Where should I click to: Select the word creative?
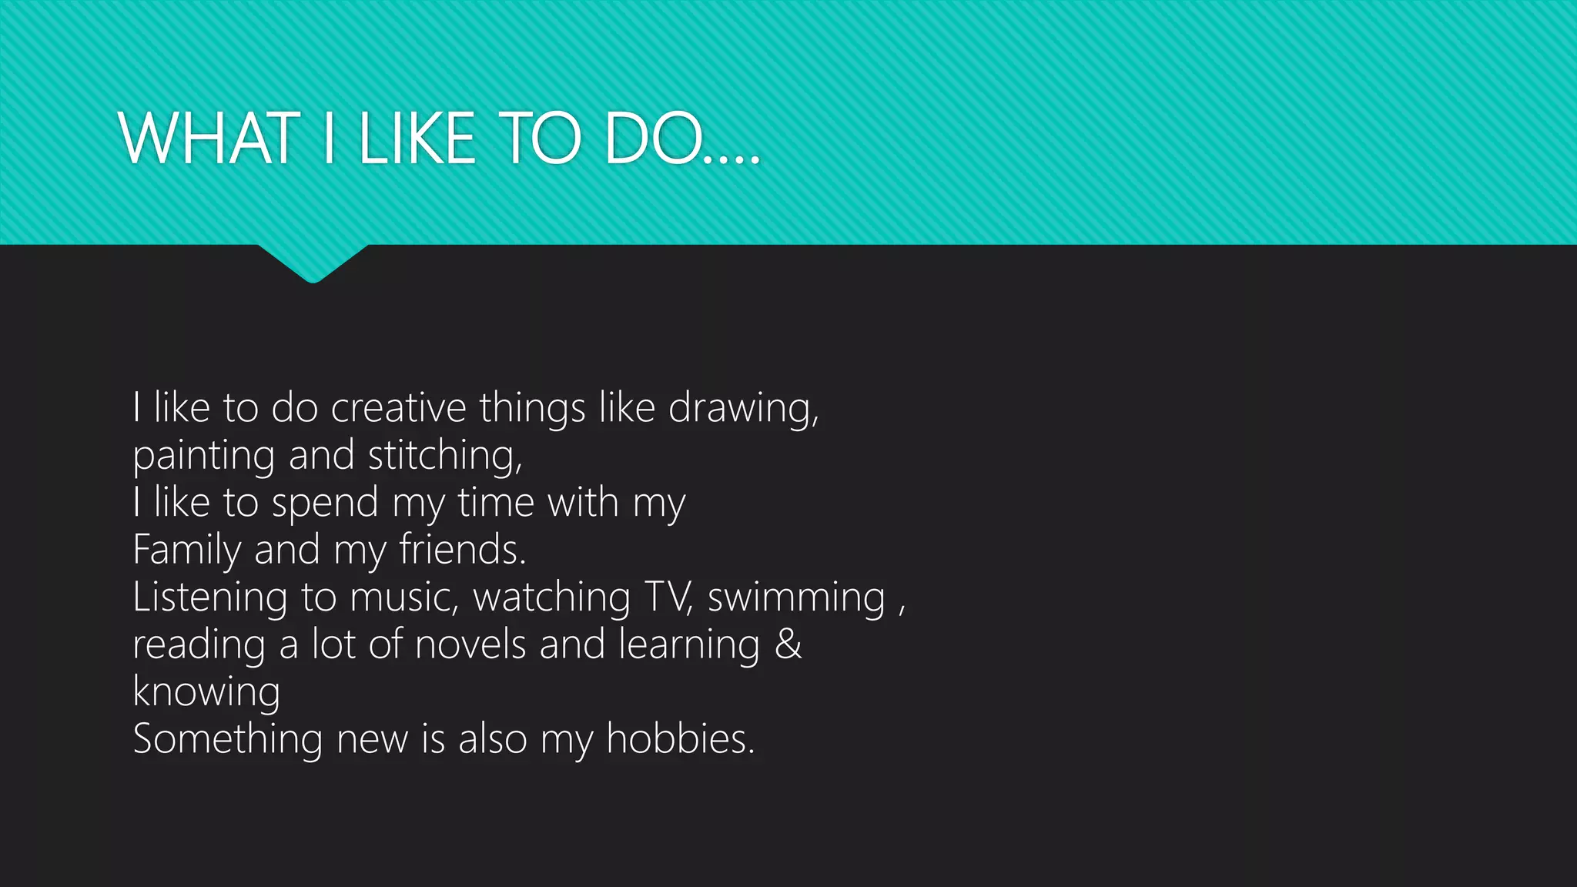point(398,407)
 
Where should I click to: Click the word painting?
point(203,456)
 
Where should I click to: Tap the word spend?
point(325,504)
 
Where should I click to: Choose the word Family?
point(187,551)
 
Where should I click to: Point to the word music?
point(401,598)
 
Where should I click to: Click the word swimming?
point(796,598)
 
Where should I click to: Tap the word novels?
point(470,644)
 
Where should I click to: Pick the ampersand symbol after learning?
point(788,644)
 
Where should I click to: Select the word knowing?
point(206,692)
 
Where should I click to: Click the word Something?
point(227,739)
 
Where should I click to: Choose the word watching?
point(551,598)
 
